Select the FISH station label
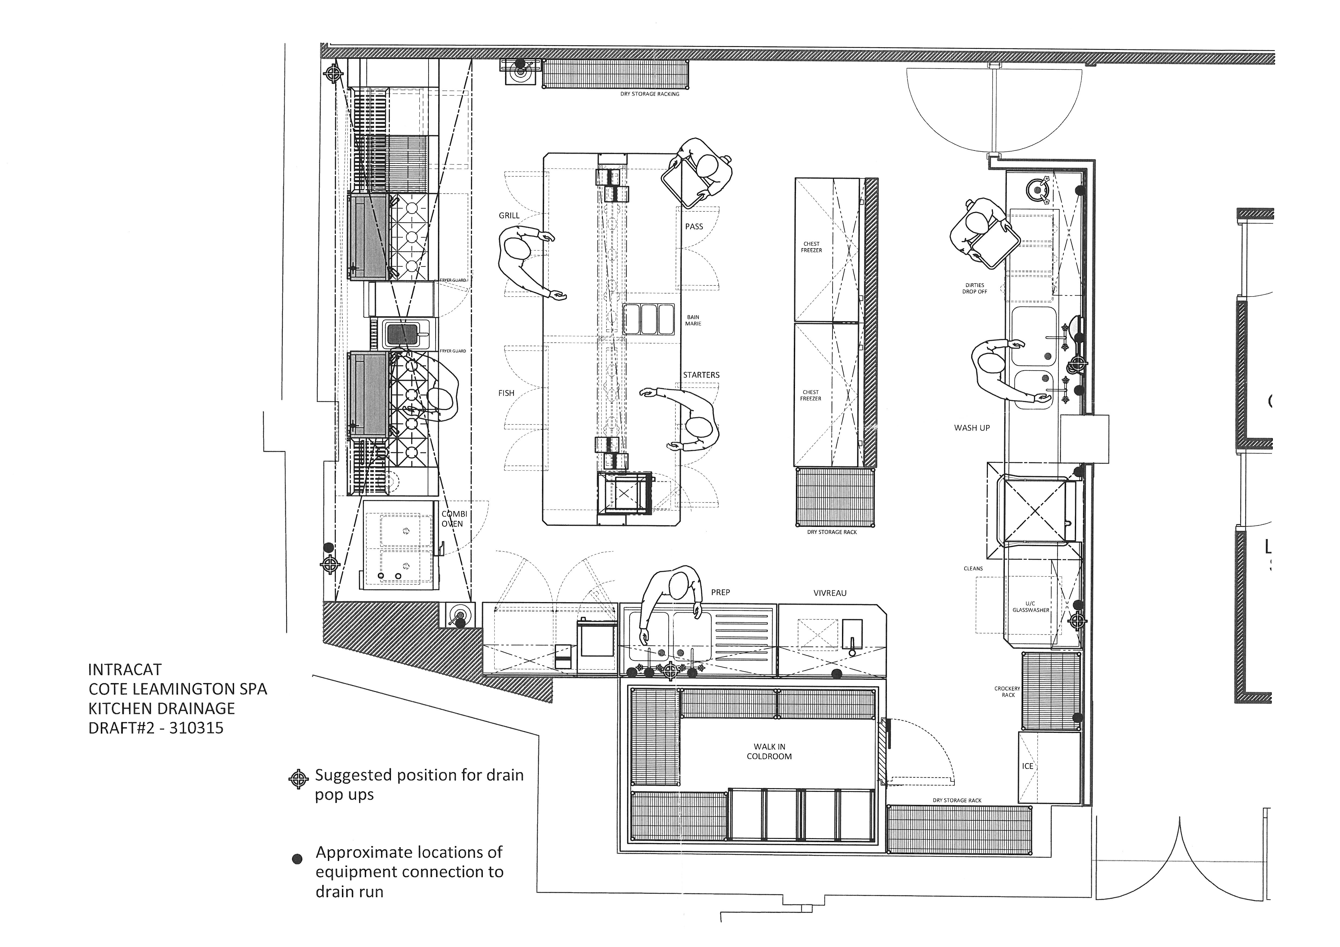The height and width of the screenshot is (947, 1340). pyautogui.click(x=506, y=393)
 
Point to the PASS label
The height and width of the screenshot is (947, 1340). pyautogui.click(x=694, y=226)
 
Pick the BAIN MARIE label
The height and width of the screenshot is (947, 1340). pyautogui.click(x=693, y=320)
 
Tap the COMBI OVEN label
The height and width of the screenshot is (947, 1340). pyautogui.click(x=454, y=519)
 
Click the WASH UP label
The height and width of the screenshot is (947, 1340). pyautogui.click(x=972, y=428)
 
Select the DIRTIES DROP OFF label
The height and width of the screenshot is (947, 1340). pyautogui.click(x=975, y=288)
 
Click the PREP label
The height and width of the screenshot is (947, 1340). pyautogui.click(x=720, y=592)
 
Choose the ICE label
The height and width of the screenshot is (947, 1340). pyautogui.click(x=1028, y=766)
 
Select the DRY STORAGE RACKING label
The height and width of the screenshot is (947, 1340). pyautogui.click(x=649, y=94)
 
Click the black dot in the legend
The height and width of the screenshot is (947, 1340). pyautogui.click(x=297, y=858)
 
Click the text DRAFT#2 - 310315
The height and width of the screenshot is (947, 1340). pyautogui.click(x=156, y=728)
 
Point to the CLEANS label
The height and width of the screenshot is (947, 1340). pyautogui.click(x=973, y=568)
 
